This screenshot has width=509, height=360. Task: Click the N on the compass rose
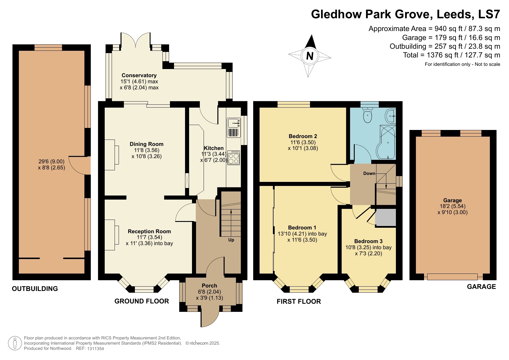pos(310,56)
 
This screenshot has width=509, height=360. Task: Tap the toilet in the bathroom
pos(367,115)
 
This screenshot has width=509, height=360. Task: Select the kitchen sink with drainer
pos(234,128)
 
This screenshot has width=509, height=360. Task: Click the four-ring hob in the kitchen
pos(234,158)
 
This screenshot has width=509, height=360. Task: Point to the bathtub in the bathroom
pos(387,142)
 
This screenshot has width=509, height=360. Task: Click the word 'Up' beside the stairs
pos(231,240)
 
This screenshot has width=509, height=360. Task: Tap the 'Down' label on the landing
pos(369,173)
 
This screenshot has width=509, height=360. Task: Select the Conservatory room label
pos(139,75)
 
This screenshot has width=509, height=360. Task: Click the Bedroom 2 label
pos(303,136)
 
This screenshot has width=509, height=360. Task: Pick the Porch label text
pos(209,286)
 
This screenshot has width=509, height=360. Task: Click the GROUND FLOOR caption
pos(142,301)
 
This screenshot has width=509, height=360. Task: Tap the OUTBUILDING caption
pos(35,289)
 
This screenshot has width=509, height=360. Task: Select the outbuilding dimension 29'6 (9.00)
pos(52,162)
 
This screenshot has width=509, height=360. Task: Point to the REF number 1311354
pos(95,349)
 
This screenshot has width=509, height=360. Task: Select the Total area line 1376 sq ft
pos(451,55)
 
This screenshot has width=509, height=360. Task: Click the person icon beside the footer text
pos(15,343)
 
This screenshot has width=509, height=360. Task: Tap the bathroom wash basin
pos(390,116)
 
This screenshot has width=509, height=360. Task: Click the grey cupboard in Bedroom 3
pos(385,217)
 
